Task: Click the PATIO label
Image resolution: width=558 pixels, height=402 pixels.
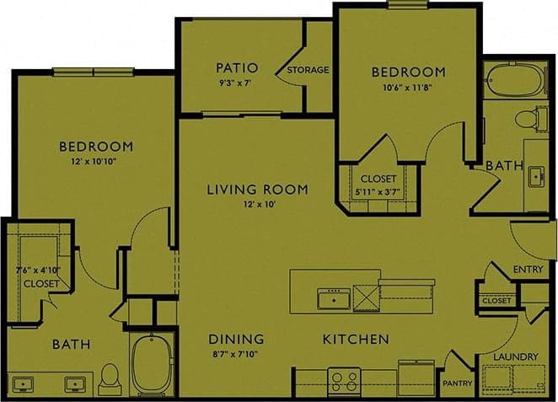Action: click(236, 67)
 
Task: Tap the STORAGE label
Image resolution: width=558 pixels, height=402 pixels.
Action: click(308, 70)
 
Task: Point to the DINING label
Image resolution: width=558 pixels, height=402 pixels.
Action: click(237, 339)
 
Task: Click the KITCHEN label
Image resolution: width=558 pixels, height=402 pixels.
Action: click(355, 339)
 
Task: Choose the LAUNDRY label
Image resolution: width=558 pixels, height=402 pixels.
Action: click(515, 357)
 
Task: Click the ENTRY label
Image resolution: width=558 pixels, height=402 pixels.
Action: click(528, 270)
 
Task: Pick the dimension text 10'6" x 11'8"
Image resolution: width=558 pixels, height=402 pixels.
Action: click(408, 86)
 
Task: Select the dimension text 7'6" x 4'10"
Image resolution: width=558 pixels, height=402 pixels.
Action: click(38, 271)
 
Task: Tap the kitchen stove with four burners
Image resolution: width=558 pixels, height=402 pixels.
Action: click(345, 379)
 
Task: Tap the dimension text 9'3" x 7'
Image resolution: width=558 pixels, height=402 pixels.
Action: click(236, 83)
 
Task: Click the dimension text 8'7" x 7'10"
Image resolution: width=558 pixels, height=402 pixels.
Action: click(237, 353)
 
